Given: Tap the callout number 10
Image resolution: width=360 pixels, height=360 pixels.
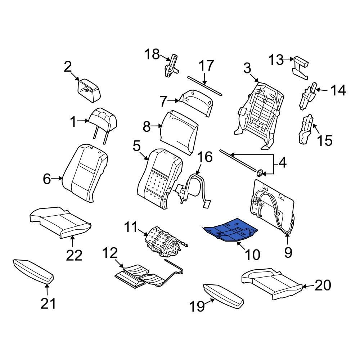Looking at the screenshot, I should point(252,255).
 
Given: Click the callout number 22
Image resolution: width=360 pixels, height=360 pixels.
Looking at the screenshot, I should point(74,255).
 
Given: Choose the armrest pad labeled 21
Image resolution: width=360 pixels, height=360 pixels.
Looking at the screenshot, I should point(33,270).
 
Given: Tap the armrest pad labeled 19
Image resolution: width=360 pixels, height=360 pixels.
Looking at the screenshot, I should point(224,295).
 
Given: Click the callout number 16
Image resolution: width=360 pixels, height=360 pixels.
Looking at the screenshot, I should point(204,157).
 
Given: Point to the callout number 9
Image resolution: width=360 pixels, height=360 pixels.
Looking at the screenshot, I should point(288,252).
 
